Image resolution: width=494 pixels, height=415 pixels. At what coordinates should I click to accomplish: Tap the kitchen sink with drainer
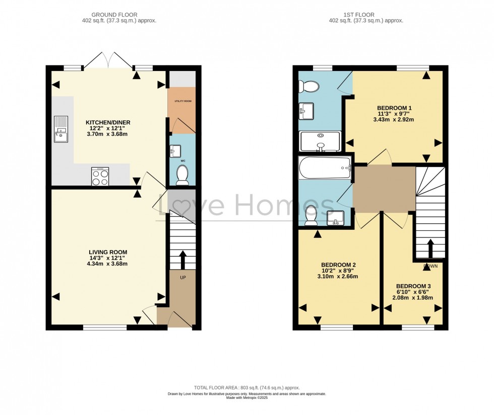pos(60,128)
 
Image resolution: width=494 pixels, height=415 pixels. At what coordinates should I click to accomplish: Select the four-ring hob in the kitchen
pos(100,177)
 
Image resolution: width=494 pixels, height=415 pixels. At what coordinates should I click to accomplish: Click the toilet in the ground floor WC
pos(182,175)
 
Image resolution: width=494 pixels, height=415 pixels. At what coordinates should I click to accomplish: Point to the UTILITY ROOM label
pos(183,101)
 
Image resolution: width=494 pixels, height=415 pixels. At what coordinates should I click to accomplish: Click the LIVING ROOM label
pos(108,252)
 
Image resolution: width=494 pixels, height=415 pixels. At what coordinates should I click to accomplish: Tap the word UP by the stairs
pos(183,277)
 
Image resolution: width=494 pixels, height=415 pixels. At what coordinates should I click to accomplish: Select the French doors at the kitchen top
pos(108,60)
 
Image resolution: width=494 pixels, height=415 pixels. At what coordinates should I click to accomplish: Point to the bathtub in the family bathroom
pos(325,168)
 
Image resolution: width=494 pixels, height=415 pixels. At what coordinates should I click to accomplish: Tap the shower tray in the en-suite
pos(321,141)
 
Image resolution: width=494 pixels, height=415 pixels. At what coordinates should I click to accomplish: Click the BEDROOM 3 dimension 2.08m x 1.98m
pos(412,297)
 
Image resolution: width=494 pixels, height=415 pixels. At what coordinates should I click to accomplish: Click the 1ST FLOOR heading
pos(366,15)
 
